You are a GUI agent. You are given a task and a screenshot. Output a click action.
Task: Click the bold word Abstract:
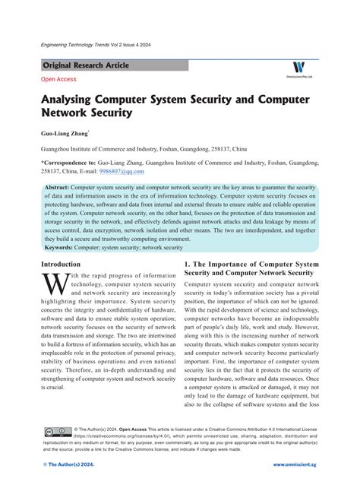pyautogui.click(x=58, y=187)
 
